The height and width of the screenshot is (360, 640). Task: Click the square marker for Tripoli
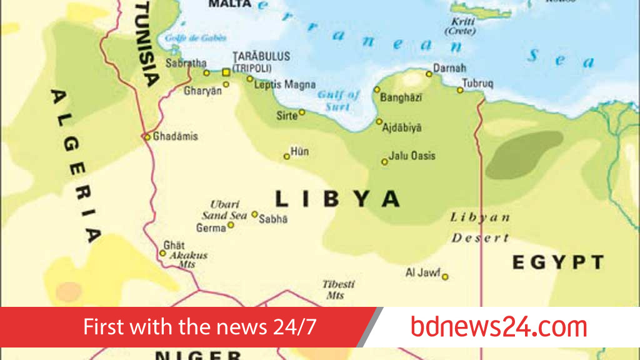(x=226, y=72)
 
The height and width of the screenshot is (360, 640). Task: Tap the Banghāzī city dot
(x=377, y=89)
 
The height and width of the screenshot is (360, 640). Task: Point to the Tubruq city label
(x=478, y=83)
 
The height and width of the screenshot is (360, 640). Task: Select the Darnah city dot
(x=429, y=74)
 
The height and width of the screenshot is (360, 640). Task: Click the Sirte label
(x=287, y=116)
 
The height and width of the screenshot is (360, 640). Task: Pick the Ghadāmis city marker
(x=147, y=137)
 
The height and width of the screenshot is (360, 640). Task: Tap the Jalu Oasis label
(x=412, y=156)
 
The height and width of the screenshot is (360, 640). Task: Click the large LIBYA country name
(x=337, y=199)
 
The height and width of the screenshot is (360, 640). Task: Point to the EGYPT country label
(x=558, y=262)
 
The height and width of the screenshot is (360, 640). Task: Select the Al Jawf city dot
(x=445, y=276)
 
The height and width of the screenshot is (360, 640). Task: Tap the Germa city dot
(x=231, y=225)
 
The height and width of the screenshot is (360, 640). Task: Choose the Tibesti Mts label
(x=338, y=289)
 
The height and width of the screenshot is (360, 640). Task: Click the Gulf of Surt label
(x=338, y=100)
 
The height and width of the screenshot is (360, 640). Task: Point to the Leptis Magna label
(x=284, y=84)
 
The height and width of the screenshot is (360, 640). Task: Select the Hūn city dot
(x=287, y=156)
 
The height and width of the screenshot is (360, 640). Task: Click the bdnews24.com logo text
(x=499, y=327)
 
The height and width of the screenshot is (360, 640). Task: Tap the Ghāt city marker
(x=162, y=253)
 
